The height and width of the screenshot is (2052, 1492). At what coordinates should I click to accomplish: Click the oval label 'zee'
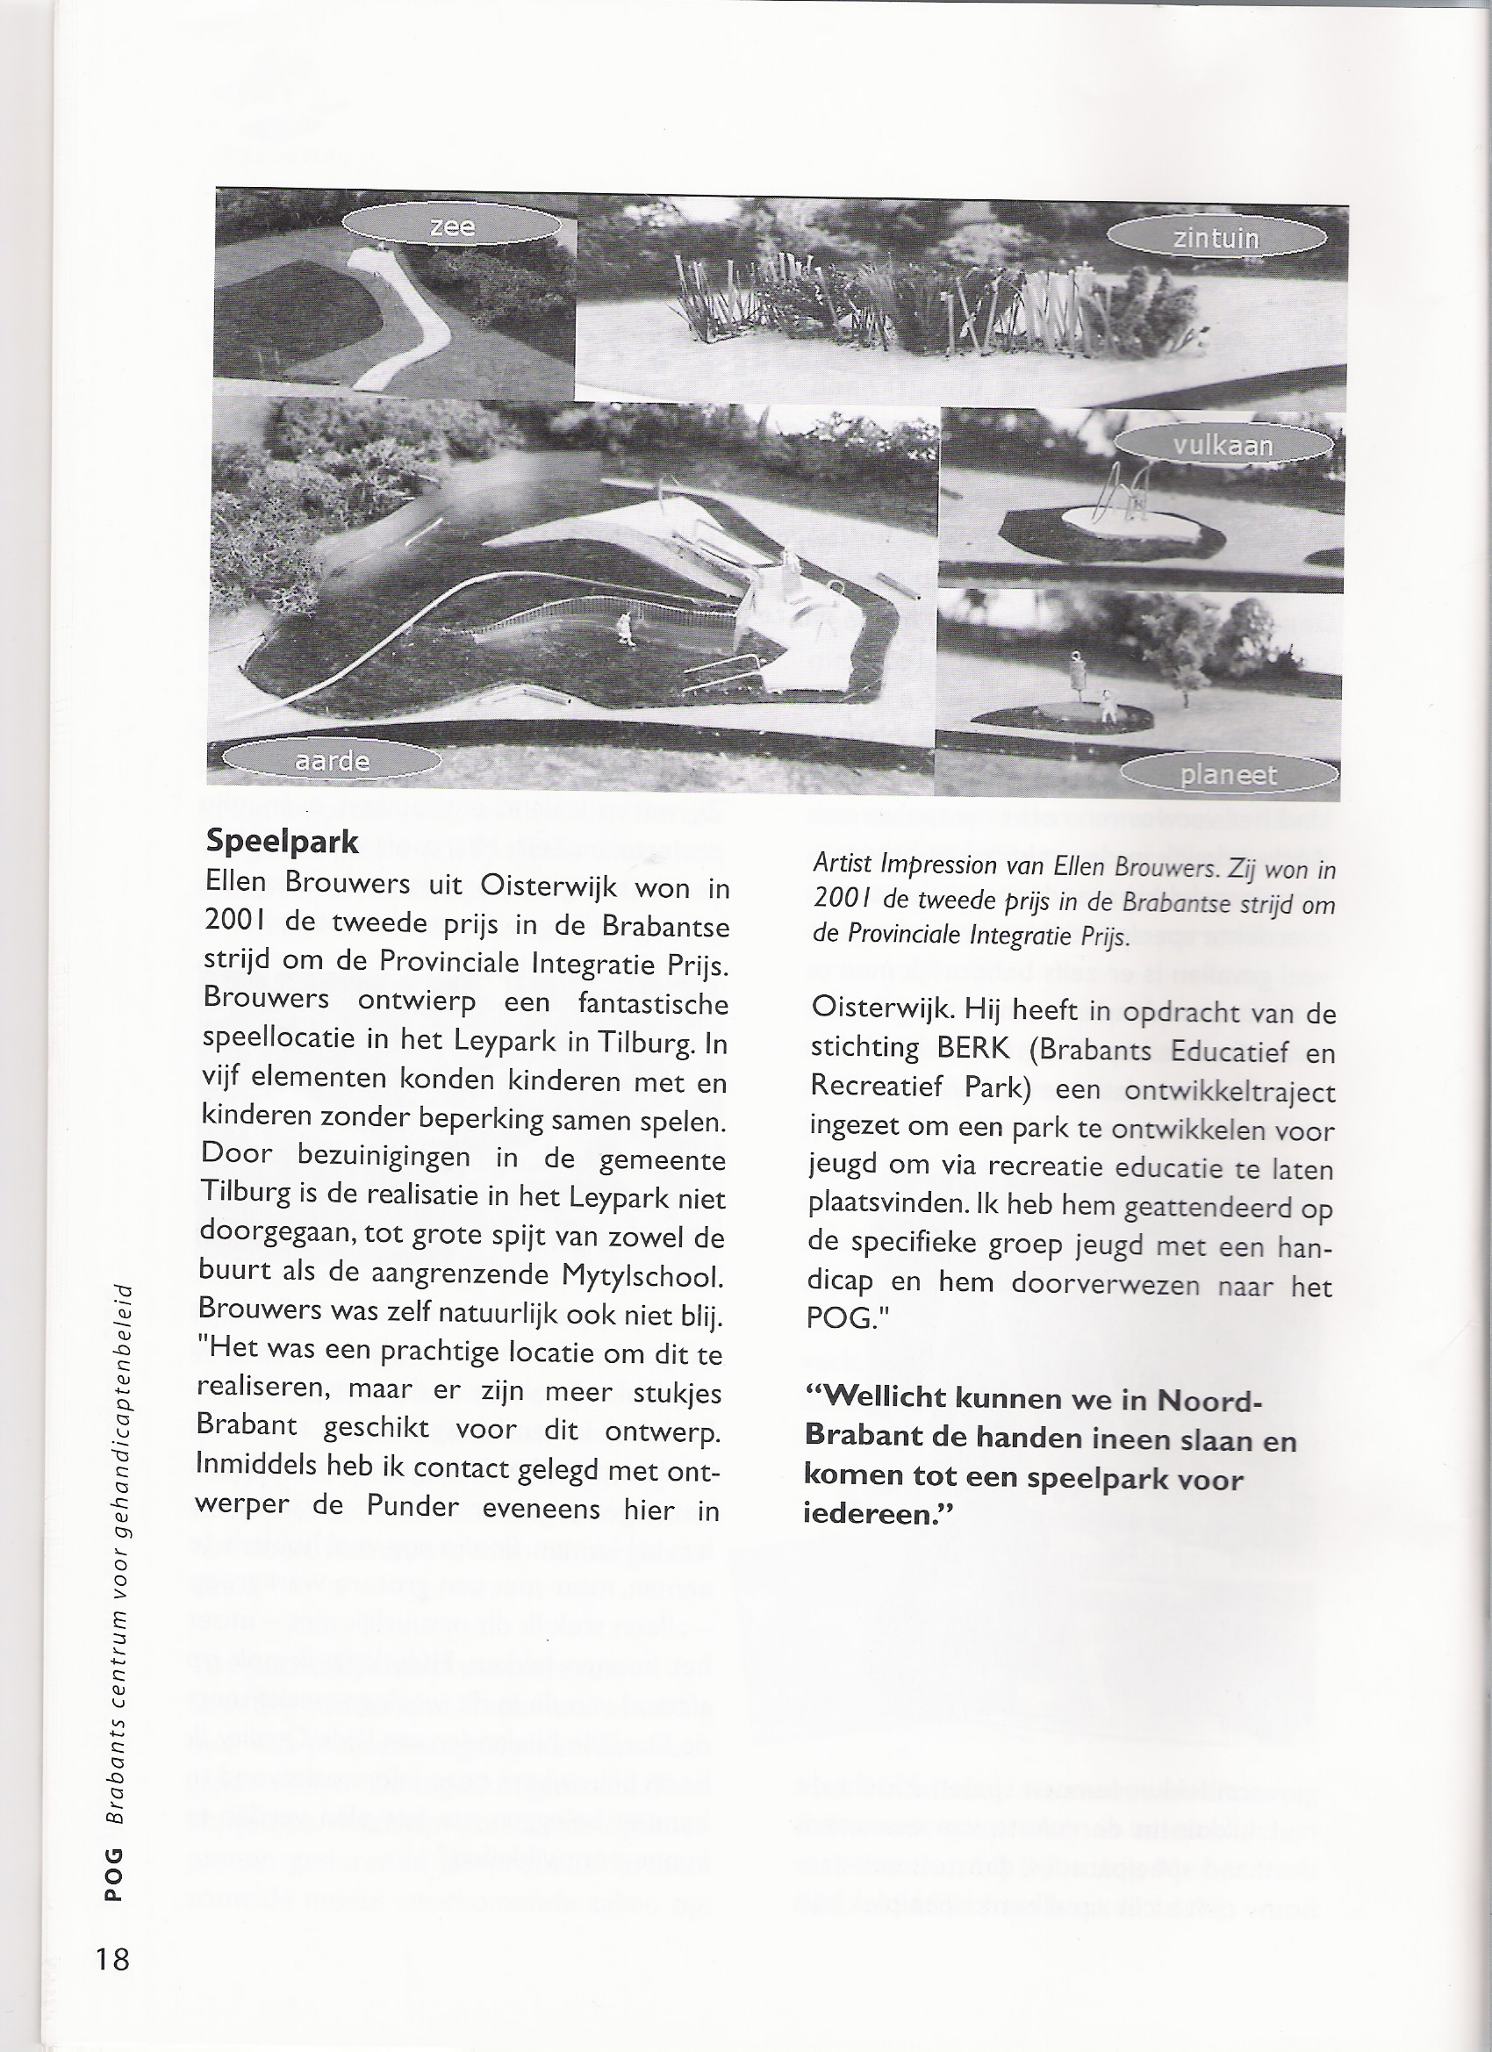(452, 226)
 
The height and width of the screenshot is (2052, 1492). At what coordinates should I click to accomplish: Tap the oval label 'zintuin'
(1216, 238)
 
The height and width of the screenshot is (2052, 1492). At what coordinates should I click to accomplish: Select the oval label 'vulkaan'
(1223, 445)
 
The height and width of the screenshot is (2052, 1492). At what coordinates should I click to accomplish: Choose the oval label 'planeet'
(1229, 774)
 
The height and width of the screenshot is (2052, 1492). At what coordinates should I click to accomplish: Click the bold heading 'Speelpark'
(283, 842)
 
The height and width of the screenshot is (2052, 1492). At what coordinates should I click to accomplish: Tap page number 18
(111, 1959)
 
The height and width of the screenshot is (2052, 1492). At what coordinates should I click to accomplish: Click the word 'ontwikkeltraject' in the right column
(1230, 1090)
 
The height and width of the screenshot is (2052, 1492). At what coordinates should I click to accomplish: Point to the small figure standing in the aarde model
(624, 627)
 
